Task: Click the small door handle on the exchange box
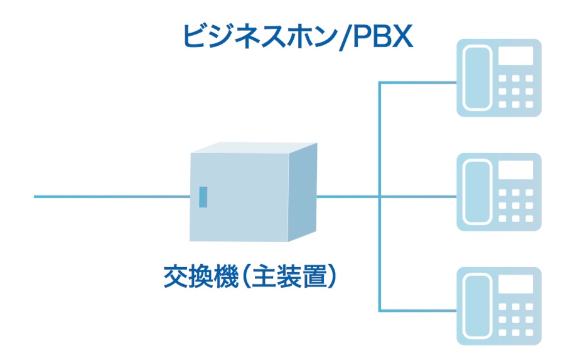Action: coord(203,196)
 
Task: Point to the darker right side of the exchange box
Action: coord(303,191)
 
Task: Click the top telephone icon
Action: coord(498,78)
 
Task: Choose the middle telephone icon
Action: coord(498,192)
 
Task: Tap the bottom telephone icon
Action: coord(498,306)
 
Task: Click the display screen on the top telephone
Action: coord(516,56)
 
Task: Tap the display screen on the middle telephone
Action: coord(516,170)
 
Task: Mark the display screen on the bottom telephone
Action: coord(516,284)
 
